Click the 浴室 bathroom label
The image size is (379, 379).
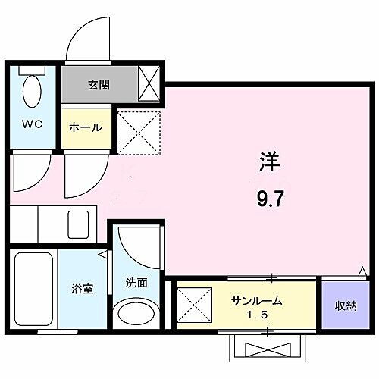point(83,290)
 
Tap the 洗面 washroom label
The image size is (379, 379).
point(136,283)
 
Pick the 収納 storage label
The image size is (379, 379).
point(346,305)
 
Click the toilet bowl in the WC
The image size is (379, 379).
point(33,93)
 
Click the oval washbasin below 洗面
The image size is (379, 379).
point(137,314)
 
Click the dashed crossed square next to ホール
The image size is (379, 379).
point(138,133)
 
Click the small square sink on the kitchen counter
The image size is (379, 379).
point(78,224)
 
